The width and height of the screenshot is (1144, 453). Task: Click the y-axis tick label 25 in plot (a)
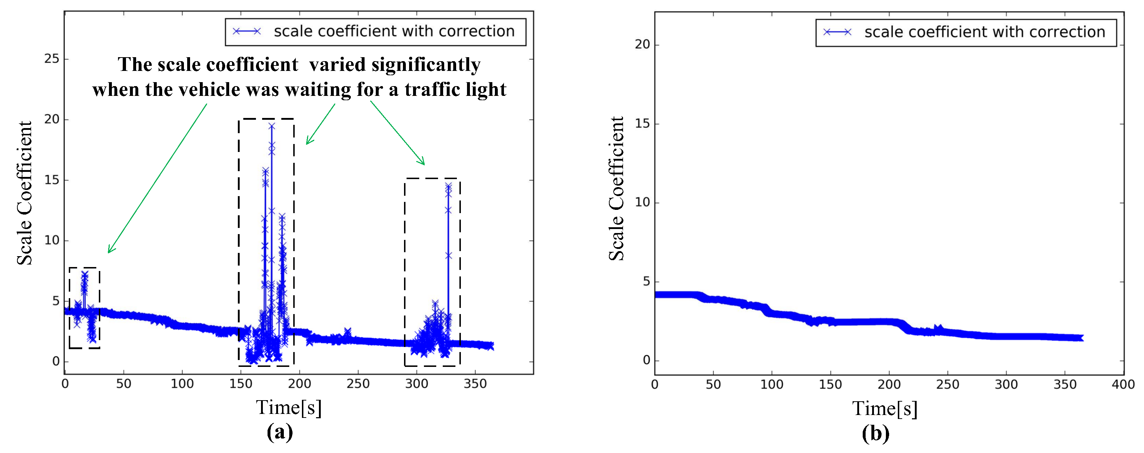pos(51,59)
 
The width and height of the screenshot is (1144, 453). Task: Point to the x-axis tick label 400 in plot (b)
pos(1123,384)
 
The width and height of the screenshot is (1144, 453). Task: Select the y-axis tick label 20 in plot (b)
pos(642,45)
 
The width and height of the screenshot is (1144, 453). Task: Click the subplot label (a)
pos(280,432)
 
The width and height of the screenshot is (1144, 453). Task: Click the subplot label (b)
pos(875,433)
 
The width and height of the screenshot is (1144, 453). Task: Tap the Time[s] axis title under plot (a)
pos(288,407)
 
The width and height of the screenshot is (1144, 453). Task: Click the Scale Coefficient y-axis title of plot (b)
pos(617,189)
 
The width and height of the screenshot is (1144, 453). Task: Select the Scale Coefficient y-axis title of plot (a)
pos(25,193)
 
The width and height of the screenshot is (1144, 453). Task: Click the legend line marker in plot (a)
pos(247,31)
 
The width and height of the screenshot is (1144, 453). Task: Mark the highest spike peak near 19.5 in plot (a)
pos(272,126)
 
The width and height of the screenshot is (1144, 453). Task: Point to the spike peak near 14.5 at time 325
pos(449,186)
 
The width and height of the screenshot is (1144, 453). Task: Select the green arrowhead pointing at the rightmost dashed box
pos(423,162)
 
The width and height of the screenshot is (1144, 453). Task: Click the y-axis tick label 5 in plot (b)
pos(646,281)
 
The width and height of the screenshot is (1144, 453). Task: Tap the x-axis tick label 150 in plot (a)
pos(241,384)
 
